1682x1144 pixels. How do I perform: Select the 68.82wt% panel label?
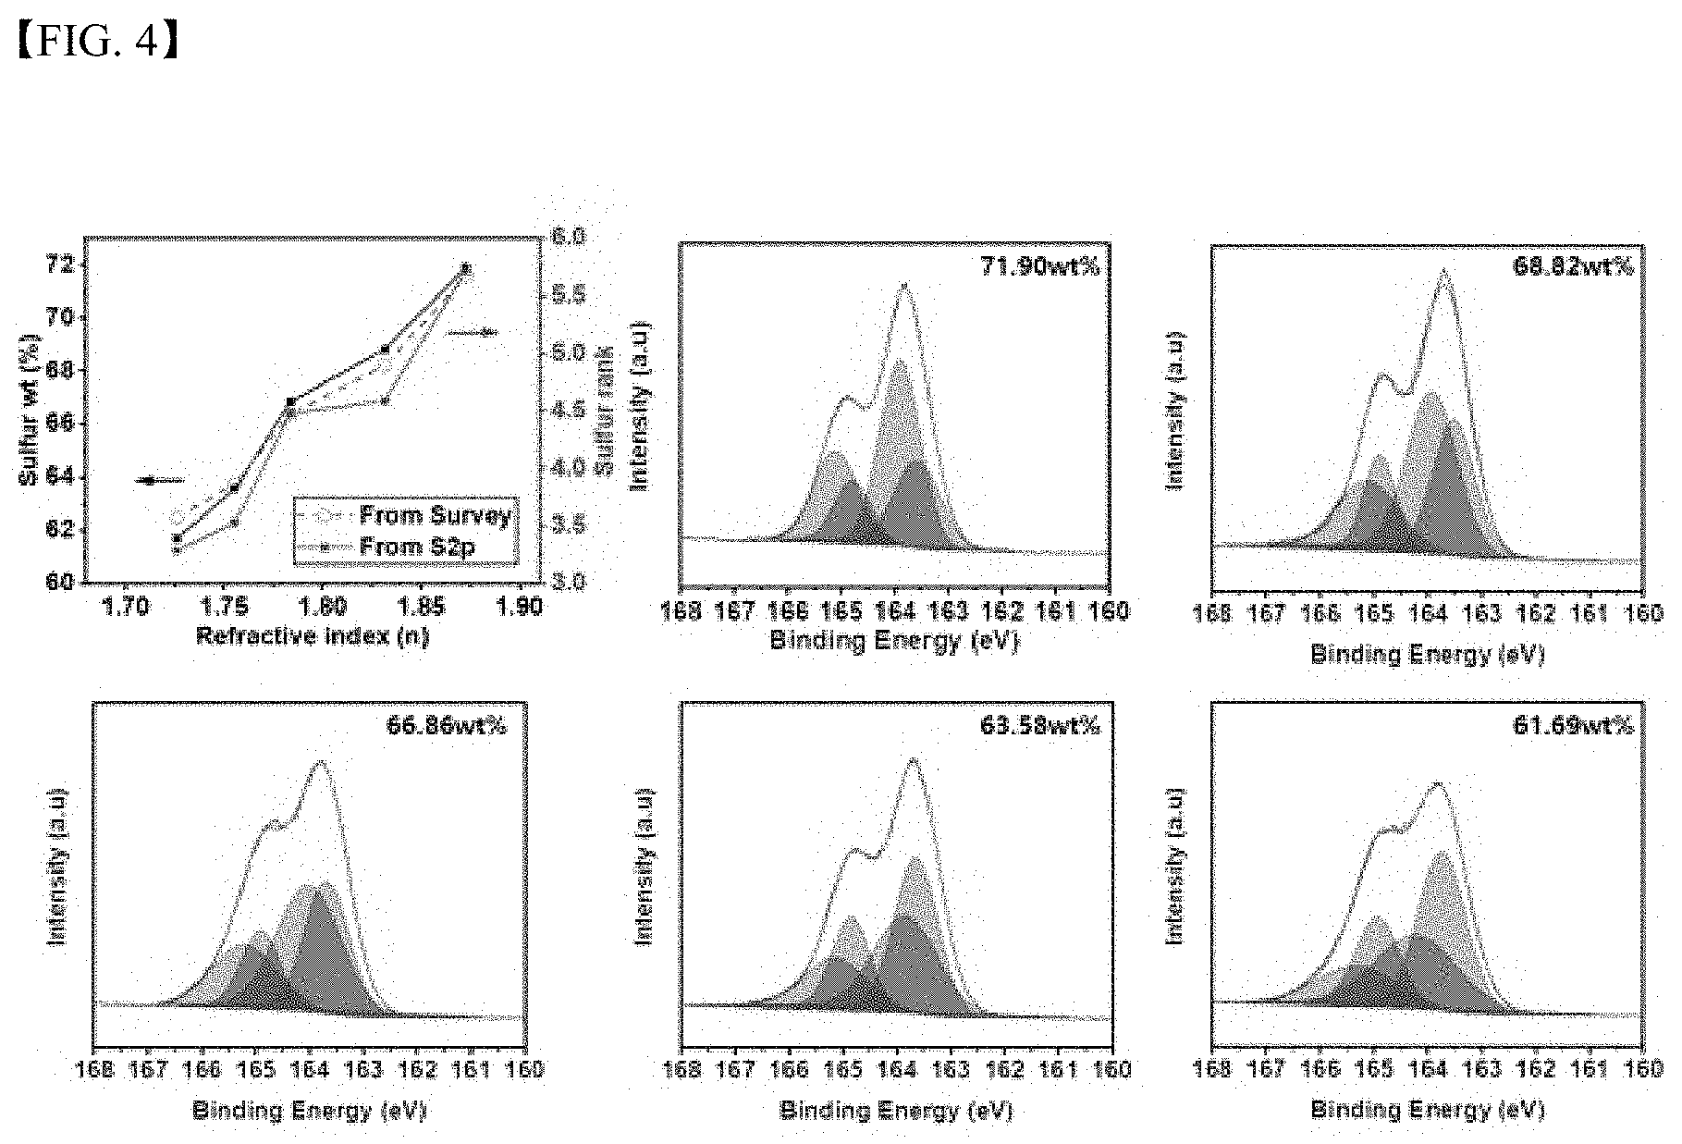click(x=1572, y=267)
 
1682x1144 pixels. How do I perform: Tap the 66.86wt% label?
click(x=446, y=726)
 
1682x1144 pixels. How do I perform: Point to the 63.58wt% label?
click(x=1040, y=726)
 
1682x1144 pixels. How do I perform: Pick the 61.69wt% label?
click(x=1572, y=726)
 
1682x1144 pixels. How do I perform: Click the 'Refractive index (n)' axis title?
click(x=313, y=637)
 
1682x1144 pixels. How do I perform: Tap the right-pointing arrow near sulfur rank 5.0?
click(x=473, y=332)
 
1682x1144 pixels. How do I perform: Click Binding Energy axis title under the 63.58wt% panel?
click(x=896, y=1110)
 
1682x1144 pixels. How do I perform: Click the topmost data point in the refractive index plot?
click(x=466, y=268)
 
